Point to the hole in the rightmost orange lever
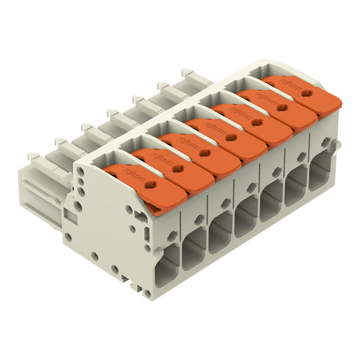[x=307, y=94]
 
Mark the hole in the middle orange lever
[x=232, y=137]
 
